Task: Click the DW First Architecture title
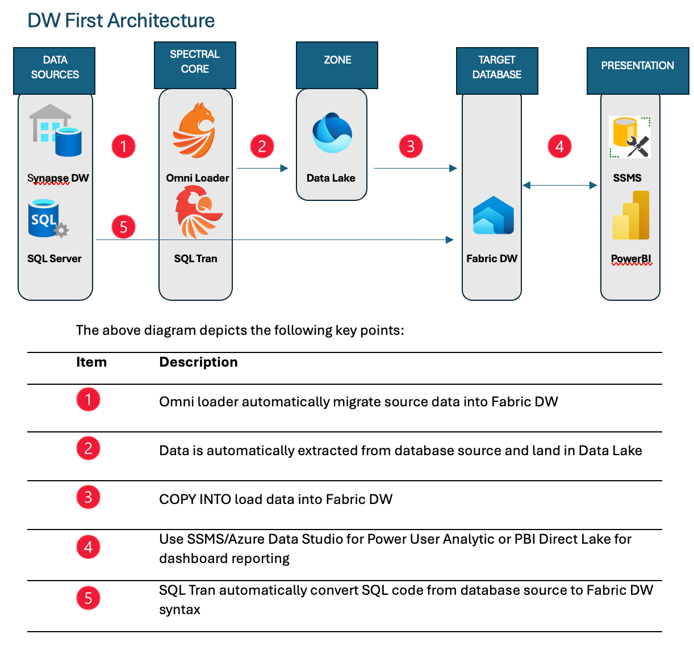click(x=121, y=20)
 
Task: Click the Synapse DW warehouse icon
click(x=56, y=131)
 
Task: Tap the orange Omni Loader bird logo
click(x=194, y=131)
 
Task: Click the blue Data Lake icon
click(x=332, y=133)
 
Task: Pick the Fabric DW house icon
click(x=493, y=216)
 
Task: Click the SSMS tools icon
click(x=629, y=137)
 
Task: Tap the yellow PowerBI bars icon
click(x=631, y=216)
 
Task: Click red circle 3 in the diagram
click(x=411, y=146)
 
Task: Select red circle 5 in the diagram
click(x=123, y=227)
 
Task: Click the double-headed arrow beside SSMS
click(x=559, y=185)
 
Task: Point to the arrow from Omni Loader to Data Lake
click(x=262, y=168)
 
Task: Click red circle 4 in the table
click(x=88, y=547)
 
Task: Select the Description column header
click(x=198, y=362)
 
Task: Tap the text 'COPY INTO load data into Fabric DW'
click(x=275, y=499)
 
